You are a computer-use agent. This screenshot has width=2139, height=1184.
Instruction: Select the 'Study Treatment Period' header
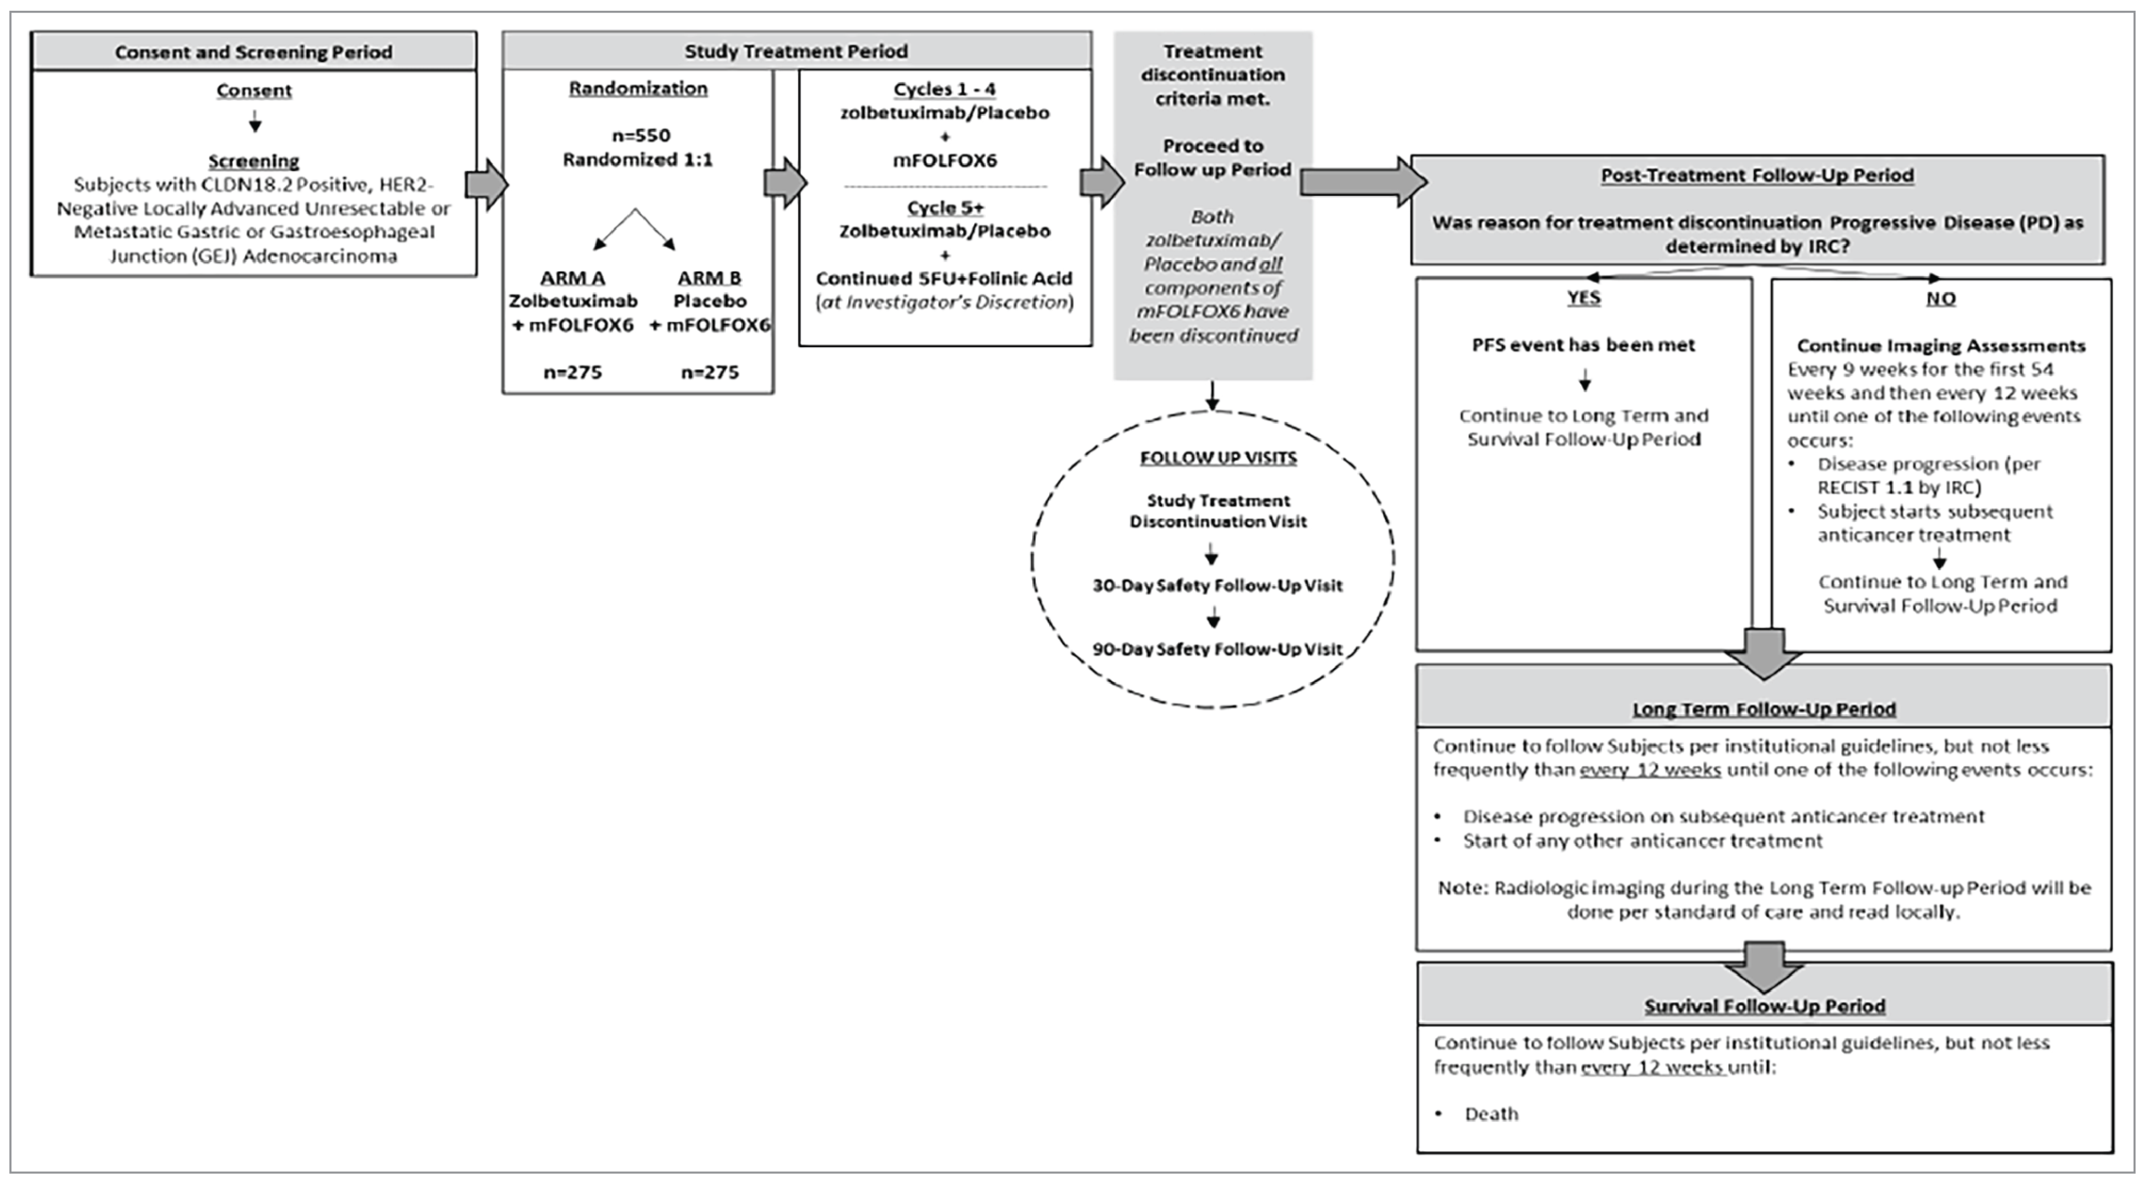pyautogui.click(x=796, y=51)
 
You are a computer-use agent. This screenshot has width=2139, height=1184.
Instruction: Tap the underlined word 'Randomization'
pyautogui.click(x=638, y=88)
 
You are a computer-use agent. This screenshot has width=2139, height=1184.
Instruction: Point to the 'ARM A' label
pyautogui.click(x=572, y=277)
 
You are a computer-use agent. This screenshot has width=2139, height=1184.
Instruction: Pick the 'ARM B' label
pyautogui.click(x=709, y=277)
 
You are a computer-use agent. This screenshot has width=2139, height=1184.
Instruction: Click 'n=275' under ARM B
pyautogui.click(x=709, y=372)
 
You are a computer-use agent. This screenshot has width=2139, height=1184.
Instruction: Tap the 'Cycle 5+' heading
pyautogui.click(x=945, y=208)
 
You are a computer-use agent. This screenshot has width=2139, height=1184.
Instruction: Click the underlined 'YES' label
pyautogui.click(x=1583, y=297)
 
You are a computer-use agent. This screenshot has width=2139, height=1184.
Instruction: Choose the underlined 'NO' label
pyautogui.click(x=1941, y=298)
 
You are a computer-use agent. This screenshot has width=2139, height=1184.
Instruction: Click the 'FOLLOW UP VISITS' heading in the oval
pyautogui.click(x=1217, y=457)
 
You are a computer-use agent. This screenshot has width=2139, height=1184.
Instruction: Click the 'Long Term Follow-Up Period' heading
pyautogui.click(x=1763, y=709)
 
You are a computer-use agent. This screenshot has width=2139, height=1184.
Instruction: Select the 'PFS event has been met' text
pyautogui.click(x=1583, y=345)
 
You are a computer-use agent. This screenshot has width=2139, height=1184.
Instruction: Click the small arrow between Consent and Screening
pyautogui.click(x=255, y=123)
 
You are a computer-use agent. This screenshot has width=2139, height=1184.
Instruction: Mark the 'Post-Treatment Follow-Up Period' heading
pyautogui.click(x=1757, y=175)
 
